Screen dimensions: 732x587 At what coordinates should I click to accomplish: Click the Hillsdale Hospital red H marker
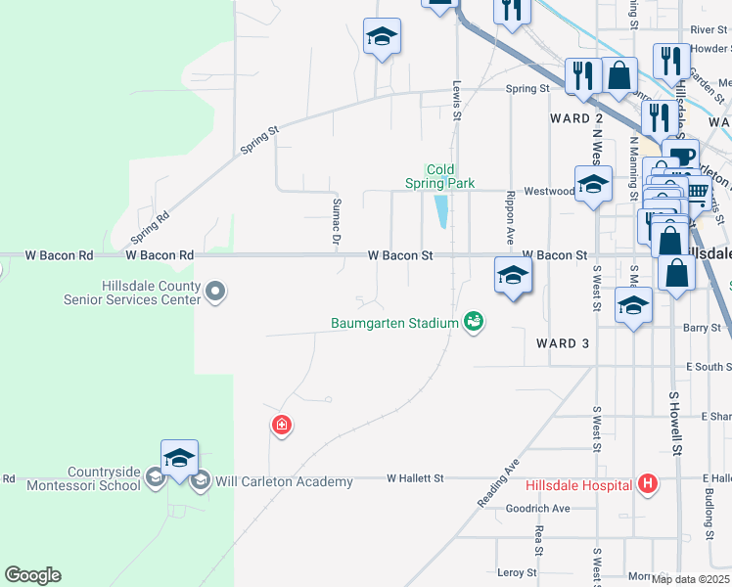click(x=646, y=483)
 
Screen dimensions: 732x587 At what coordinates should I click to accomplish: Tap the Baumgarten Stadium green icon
click(x=474, y=322)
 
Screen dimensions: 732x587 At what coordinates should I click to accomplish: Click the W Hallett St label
click(x=415, y=478)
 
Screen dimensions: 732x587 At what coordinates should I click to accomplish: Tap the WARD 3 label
click(x=564, y=343)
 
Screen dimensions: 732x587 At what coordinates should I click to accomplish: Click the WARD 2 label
click(x=576, y=118)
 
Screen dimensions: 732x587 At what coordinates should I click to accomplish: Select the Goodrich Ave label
click(x=537, y=509)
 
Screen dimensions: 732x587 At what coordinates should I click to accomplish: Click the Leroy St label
click(x=518, y=572)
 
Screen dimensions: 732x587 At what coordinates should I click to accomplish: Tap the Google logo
click(x=32, y=575)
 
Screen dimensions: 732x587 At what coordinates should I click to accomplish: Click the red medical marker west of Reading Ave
click(x=281, y=426)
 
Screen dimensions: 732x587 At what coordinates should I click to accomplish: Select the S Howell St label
click(x=675, y=425)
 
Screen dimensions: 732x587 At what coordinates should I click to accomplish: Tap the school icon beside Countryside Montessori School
click(x=155, y=478)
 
